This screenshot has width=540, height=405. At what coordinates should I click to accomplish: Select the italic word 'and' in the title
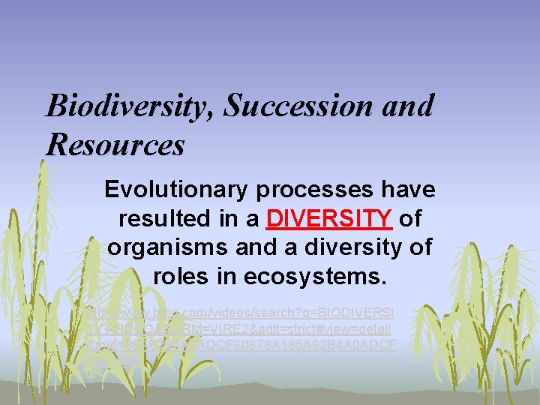(408, 106)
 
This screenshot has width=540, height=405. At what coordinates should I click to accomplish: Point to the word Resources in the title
(115, 144)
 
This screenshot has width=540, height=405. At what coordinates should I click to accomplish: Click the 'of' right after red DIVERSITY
(410, 219)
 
